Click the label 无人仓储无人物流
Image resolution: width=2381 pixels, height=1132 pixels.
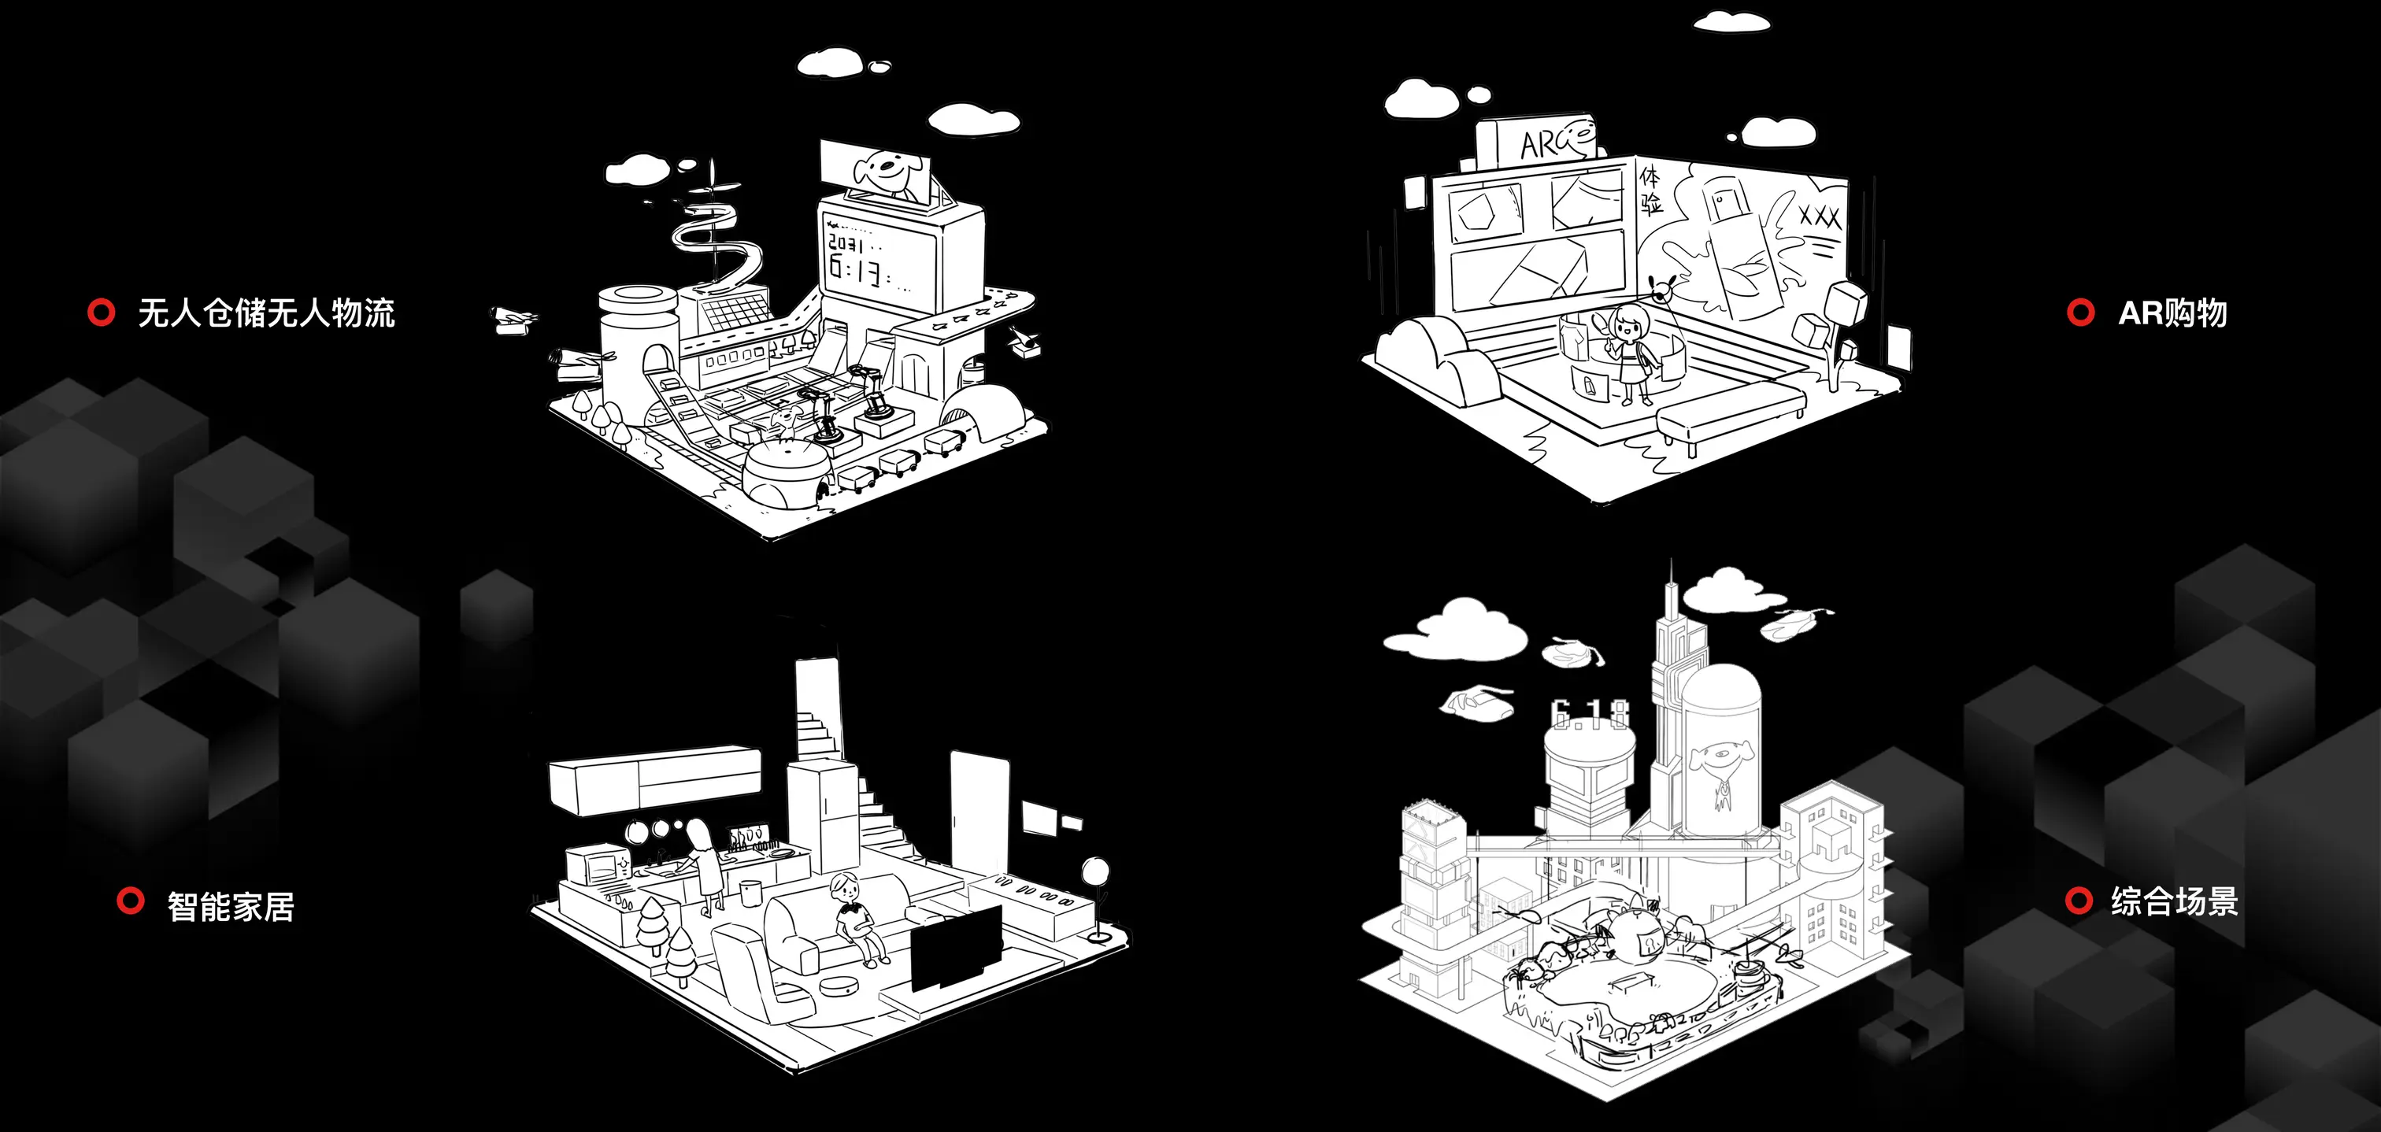(266, 313)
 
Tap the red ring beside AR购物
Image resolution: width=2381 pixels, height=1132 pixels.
(2079, 313)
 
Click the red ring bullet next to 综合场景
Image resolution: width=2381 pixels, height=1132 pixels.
(2078, 900)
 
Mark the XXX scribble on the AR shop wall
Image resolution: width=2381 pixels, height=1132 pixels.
(1820, 217)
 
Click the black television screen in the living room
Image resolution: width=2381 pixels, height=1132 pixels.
(956, 946)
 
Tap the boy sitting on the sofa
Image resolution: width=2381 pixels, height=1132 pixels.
(852, 919)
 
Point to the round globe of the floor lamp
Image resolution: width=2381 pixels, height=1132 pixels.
(1095, 871)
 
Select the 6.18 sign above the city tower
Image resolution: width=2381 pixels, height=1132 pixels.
(1590, 713)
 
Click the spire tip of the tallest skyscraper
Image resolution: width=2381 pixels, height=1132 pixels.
(1671, 565)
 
